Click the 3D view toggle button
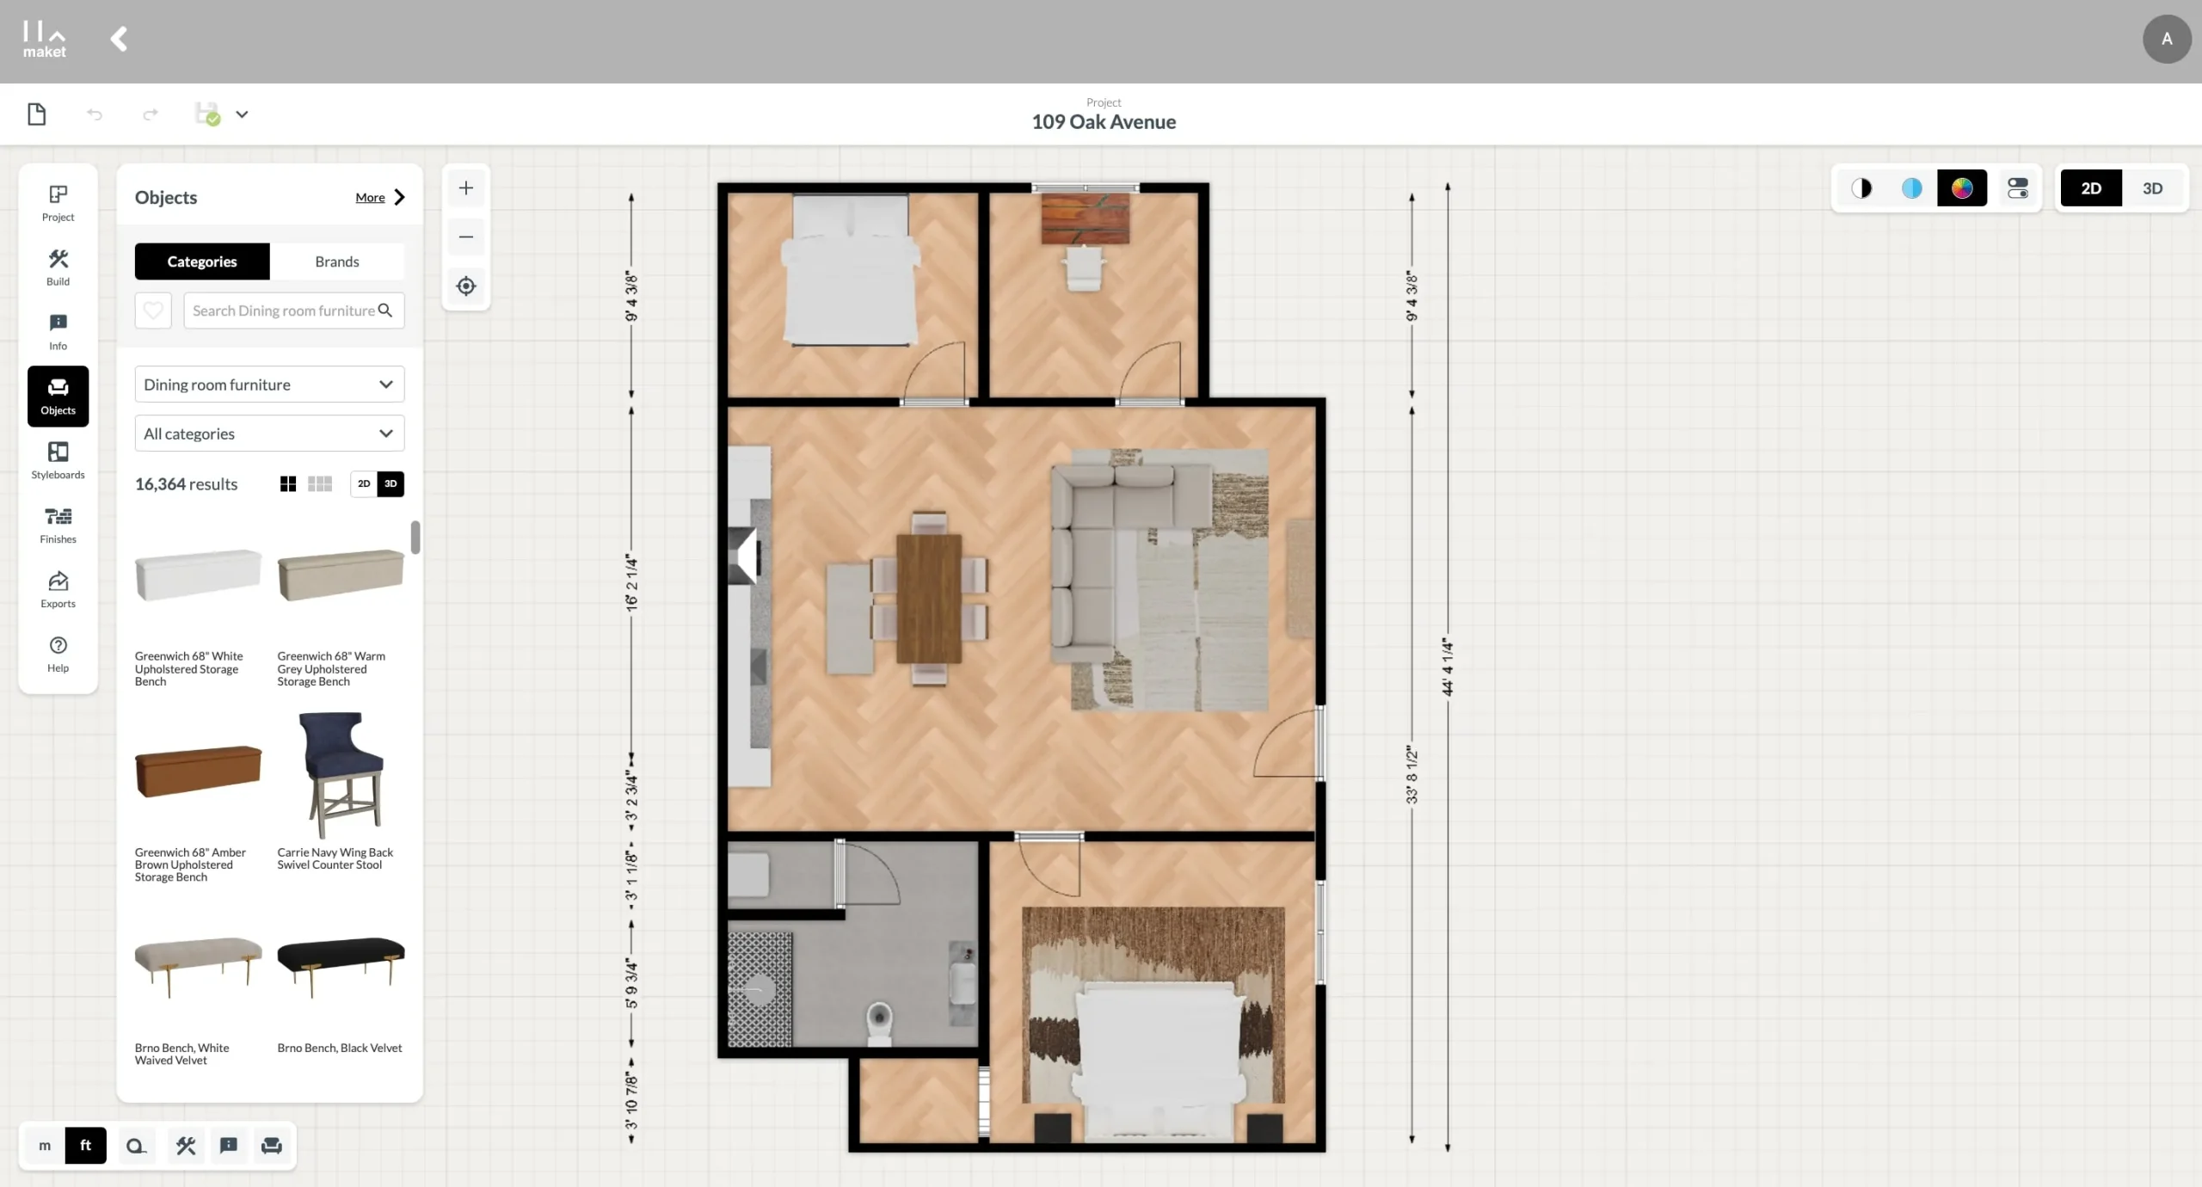coord(2152,188)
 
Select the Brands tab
coord(337,261)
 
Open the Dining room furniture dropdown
coord(269,384)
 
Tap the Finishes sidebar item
coord(58,525)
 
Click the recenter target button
coord(466,286)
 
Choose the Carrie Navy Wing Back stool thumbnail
coord(341,774)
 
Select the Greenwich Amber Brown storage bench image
coord(199,771)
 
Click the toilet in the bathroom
coord(879,1023)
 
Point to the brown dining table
coord(929,599)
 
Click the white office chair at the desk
coord(1084,268)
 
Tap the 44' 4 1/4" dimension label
coord(1448,667)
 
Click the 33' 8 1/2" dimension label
coord(1412,775)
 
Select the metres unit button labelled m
coord(45,1146)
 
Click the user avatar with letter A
coord(2167,39)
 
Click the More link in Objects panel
coord(371,198)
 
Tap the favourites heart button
coord(153,311)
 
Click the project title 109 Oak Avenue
coord(1104,122)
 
